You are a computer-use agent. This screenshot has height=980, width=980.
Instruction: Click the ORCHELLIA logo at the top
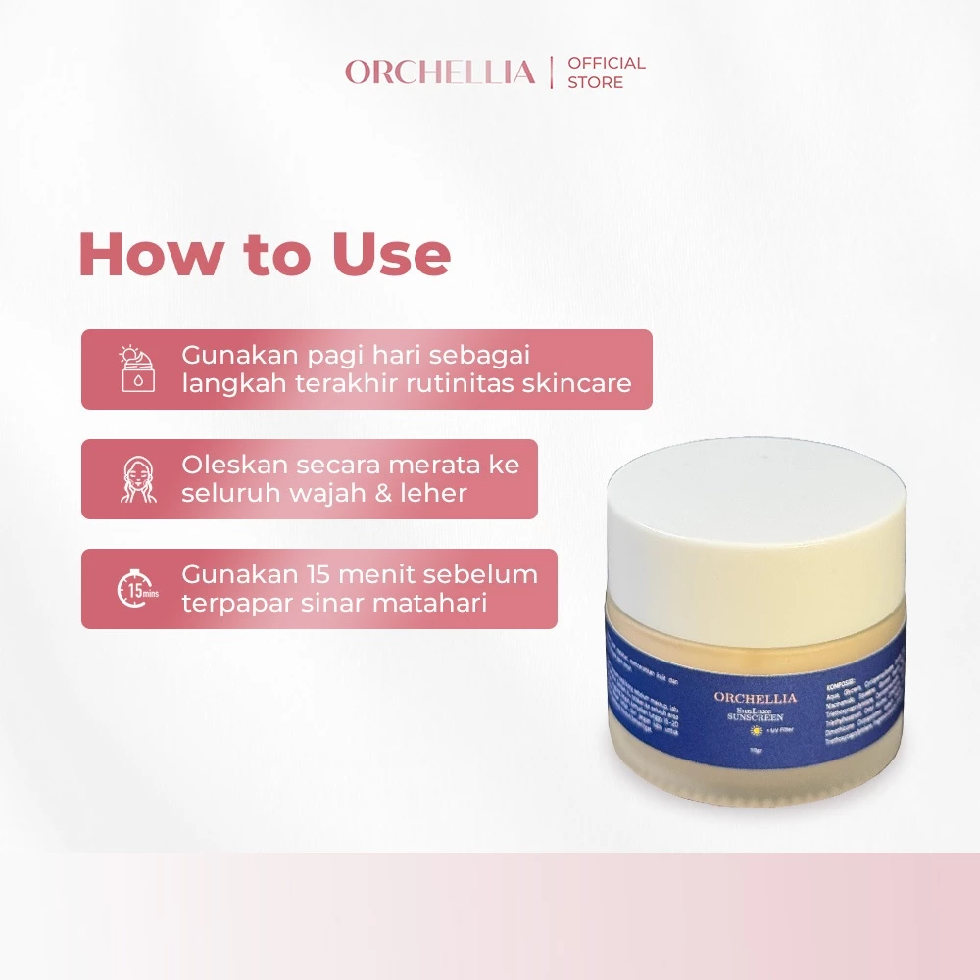(x=440, y=73)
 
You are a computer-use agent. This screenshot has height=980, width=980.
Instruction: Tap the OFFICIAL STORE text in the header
(x=607, y=73)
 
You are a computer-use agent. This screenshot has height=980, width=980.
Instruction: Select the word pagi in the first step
(x=315, y=355)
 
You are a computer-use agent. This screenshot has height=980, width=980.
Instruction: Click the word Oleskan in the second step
(x=228, y=465)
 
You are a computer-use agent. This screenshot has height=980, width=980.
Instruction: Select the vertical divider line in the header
(x=552, y=73)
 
